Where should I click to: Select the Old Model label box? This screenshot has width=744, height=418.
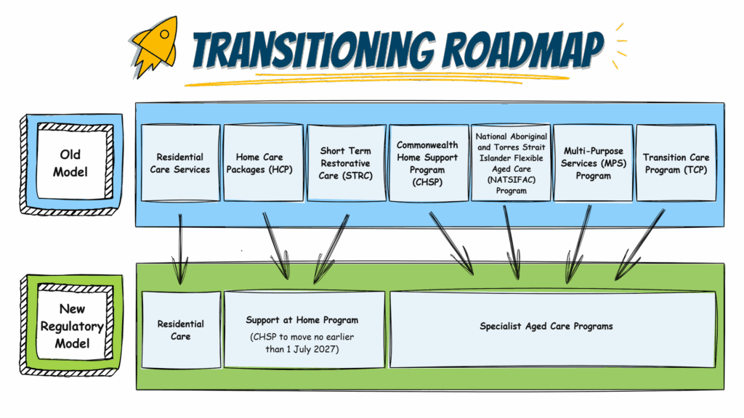(71, 163)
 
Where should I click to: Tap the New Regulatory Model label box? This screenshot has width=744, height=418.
(71, 326)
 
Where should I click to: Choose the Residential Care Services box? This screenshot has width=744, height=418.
(180, 163)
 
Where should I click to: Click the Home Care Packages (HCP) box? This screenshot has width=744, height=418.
(263, 163)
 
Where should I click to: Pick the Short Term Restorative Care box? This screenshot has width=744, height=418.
(345, 163)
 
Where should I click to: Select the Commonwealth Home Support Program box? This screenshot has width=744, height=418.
(427, 163)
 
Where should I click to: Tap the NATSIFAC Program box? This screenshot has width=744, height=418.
(511, 163)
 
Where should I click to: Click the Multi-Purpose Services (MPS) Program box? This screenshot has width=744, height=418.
(593, 163)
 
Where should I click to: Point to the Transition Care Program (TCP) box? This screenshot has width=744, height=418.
(675, 163)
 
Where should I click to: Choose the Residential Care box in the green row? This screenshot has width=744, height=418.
(181, 330)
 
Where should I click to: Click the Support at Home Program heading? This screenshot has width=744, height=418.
(302, 320)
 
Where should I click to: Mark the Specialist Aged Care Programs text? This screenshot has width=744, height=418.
(546, 327)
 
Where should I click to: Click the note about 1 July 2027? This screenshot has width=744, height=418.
(302, 343)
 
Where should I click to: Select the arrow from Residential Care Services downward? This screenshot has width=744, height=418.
(179, 247)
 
